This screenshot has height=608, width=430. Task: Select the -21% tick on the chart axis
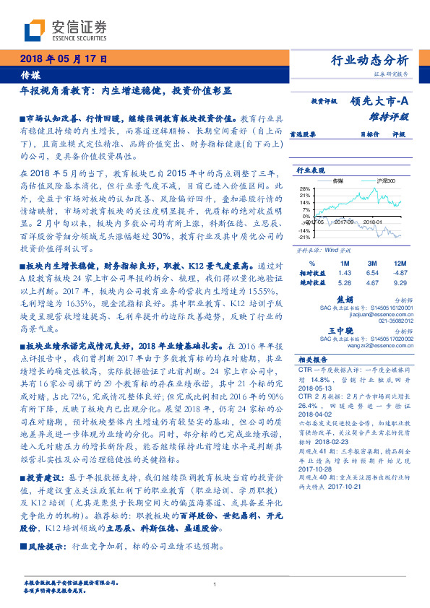[306, 236]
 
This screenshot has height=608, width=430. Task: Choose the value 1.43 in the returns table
[344, 273]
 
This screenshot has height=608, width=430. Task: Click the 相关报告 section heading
[313, 360]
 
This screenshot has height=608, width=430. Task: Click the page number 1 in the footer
[215, 584]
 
